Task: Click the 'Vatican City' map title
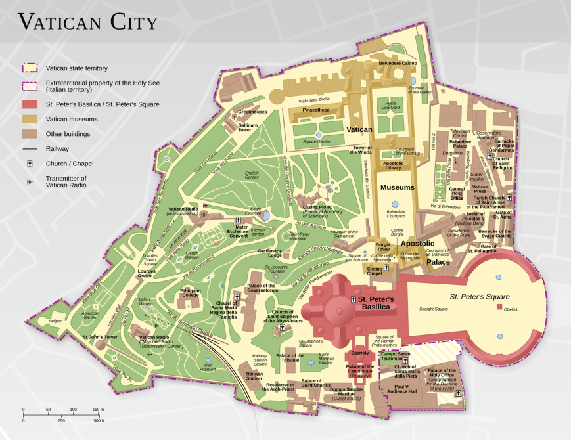87,22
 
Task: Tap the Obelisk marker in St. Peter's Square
499,307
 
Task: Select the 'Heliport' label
56,321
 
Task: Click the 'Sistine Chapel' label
374,271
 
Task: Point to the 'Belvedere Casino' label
398,63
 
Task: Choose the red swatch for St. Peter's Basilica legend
30,104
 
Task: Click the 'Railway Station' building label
254,376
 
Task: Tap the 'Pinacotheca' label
315,110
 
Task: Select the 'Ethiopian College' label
191,293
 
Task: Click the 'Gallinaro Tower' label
248,127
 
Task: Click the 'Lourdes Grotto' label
147,274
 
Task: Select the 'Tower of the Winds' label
363,150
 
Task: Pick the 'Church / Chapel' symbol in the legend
30,164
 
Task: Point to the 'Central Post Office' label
457,192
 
